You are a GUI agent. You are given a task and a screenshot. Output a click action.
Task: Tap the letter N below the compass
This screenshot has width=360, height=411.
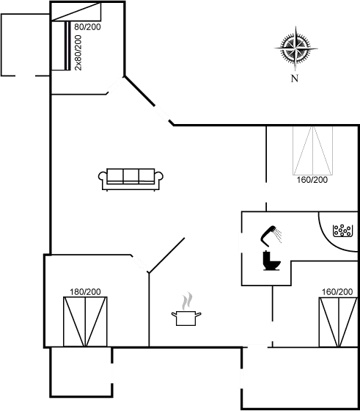tap(294, 78)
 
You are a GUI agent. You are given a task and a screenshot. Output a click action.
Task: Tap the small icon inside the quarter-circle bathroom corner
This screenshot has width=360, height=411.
tap(342, 230)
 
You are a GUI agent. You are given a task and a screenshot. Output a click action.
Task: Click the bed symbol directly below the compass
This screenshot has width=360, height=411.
tap(312, 149)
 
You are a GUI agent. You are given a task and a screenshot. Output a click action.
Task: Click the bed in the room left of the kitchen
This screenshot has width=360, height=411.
tap(85, 321)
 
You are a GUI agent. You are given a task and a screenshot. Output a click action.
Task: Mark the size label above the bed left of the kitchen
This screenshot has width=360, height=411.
tap(84, 292)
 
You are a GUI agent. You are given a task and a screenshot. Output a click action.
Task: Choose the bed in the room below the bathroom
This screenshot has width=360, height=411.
tap(338, 321)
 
